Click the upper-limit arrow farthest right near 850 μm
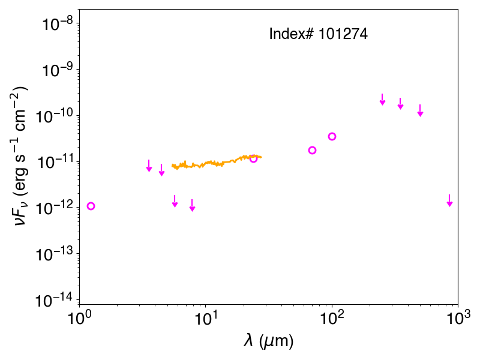[x=449, y=200]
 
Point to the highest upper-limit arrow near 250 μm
[x=382, y=100]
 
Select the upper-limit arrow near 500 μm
[x=421, y=110]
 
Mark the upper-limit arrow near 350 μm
[x=400, y=103]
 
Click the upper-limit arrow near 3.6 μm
[x=149, y=166]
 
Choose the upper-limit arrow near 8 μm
[x=192, y=205]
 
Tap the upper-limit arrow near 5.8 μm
[x=175, y=201]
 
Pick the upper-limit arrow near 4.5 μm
[x=161, y=170]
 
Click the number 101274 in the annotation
[x=343, y=34]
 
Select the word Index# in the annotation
[x=291, y=34]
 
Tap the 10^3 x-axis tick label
[x=458, y=319]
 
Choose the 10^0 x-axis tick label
[x=79, y=319]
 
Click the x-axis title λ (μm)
[x=268, y=341]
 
